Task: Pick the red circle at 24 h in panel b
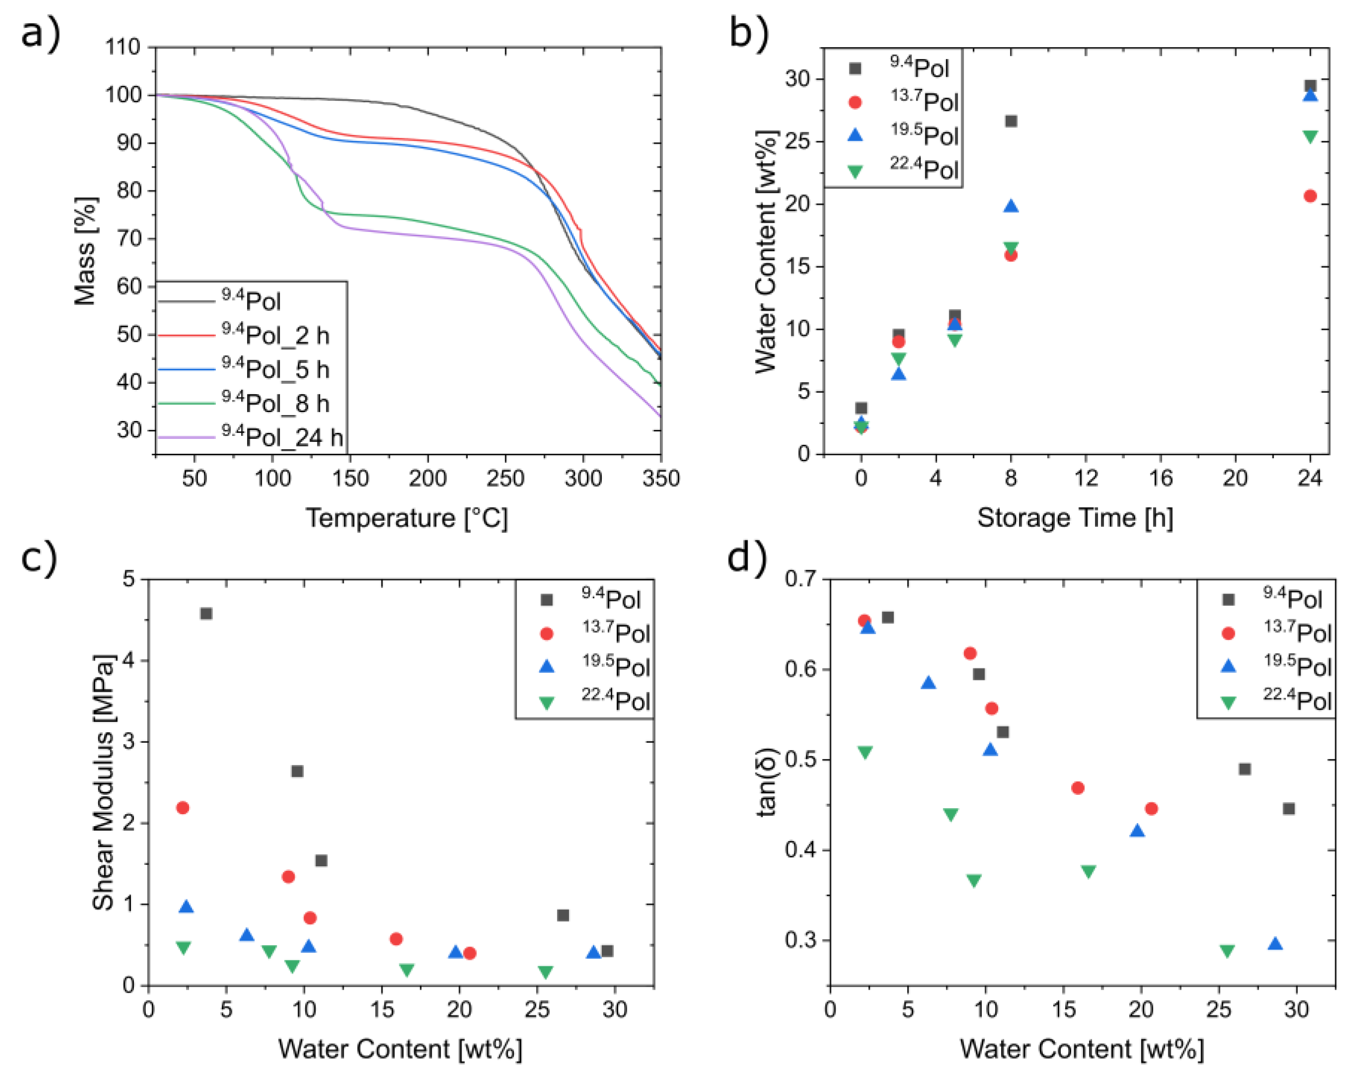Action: click(x=1310, y=196)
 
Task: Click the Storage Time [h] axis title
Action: click(x=1075, y=518)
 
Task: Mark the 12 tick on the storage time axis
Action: click(x=1086, y=479)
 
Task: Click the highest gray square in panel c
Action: click(x=206, y=613)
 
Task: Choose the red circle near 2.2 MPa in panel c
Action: click(x=183, y=807)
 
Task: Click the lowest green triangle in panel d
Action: click(x=1227, y=951)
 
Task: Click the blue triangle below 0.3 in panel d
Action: click(x=1275, y=944)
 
